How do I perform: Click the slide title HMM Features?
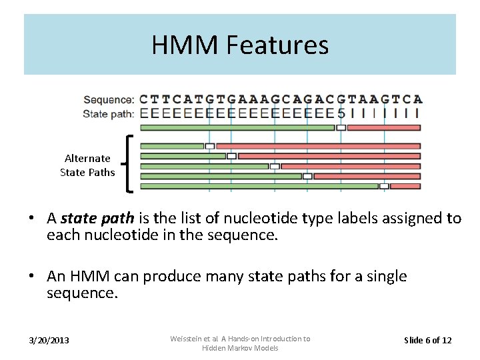[240, 45]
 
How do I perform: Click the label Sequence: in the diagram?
[109, 100]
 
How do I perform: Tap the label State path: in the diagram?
[109, 113]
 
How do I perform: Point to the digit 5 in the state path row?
[341, 113]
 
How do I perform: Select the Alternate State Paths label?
[87, 165]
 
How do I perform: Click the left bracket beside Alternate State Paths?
[129, 164]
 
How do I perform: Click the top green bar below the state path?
[237, 127]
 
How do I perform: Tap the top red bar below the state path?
[384, 127]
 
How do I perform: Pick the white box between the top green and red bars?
[341, 127]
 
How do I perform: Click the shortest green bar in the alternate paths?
[172, 145]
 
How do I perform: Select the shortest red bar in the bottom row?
[405, 186]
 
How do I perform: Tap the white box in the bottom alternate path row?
[384, 186]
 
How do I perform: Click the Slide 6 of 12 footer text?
[428, 341]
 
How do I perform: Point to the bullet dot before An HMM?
[31, 277]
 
